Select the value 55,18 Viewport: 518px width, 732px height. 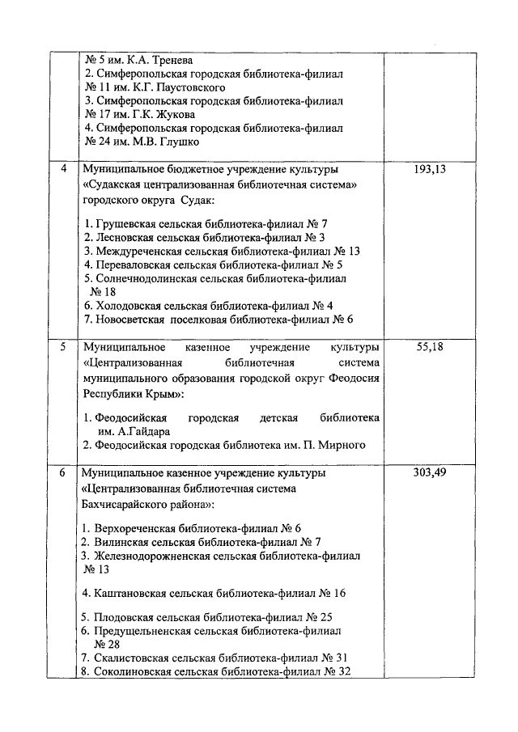click(430, 347)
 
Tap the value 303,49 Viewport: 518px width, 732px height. click(430, 473)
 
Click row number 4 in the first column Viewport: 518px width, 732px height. click(65, 169)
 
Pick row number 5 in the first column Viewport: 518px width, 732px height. click(65, 347)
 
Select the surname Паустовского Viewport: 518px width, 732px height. click(187, 87)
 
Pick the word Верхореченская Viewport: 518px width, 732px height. click(140, 527)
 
